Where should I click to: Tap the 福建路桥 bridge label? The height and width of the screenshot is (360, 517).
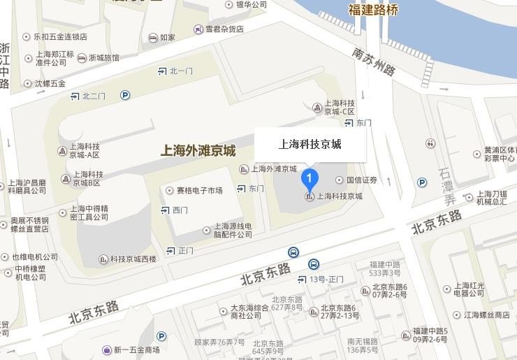(x=373, y=10)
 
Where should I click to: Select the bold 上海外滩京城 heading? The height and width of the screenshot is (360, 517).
(x=198, y=150)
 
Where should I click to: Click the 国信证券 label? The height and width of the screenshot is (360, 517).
(x=361, y=180)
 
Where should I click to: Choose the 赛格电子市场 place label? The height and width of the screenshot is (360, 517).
(x=199, y=190)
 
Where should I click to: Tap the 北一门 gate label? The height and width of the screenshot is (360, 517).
(x=180, y=71)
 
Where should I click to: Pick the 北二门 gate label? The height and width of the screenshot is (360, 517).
(x=94, y=96)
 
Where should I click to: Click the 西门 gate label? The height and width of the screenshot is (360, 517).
(x=180, y=210)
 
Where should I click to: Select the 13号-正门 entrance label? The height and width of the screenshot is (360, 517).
(x=326, y=280)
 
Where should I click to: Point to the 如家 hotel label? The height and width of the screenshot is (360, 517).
(x=167, y=38)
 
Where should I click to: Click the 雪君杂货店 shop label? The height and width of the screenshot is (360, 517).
(x=224, y=29)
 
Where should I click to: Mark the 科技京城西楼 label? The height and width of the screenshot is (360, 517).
(x=133, y=259)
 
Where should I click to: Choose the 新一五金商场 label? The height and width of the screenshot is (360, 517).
(x=136, y=350)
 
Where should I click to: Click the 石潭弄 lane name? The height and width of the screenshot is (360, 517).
(x=446, y=185)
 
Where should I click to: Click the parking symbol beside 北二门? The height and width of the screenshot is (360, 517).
(x=125, y=95)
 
